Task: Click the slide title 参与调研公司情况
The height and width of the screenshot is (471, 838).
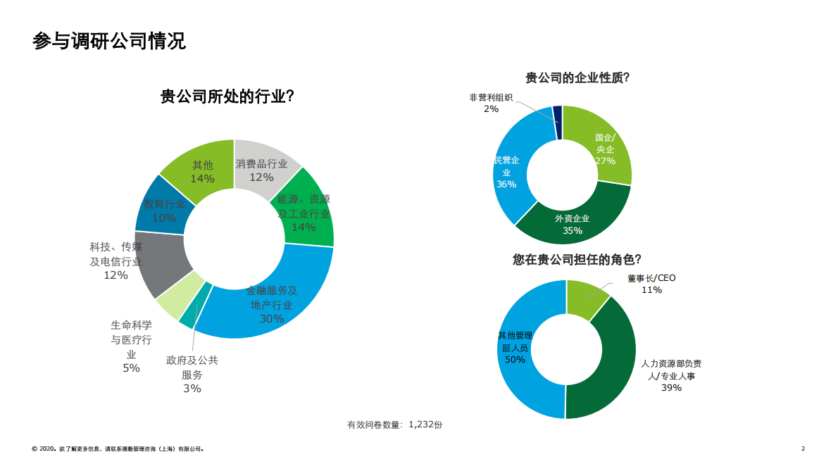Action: point(109,41)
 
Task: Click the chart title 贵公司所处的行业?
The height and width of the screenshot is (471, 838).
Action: point(227,96)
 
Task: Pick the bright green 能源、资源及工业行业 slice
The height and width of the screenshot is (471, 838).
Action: point(306,211)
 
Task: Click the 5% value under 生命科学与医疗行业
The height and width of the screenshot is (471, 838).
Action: point(131,368)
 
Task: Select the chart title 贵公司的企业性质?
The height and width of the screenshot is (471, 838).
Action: point(577,78)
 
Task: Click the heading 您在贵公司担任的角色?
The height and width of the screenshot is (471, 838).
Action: point(577,259)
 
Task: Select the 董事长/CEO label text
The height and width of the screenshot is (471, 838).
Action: point(651,278)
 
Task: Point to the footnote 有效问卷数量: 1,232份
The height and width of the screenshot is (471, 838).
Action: point(394,425)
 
